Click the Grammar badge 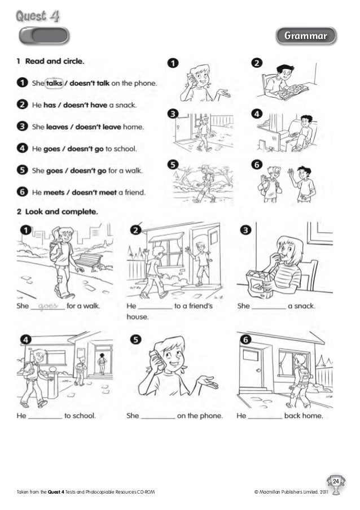tap(306, 36)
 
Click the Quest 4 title tap(38, 16)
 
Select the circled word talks tap(54, 83)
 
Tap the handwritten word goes tap(48, 306)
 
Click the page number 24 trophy tap(336, 484)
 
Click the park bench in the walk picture tap(89, 261)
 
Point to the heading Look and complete tap(62, 212)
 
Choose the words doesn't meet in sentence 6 tap(94, 193)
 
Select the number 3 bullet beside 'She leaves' tap(22, 126)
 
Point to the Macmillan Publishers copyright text tap(291, 492)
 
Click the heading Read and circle tap(55, 61)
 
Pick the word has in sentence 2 tap(50, 105)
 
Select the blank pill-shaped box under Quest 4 tap(44, 36)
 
